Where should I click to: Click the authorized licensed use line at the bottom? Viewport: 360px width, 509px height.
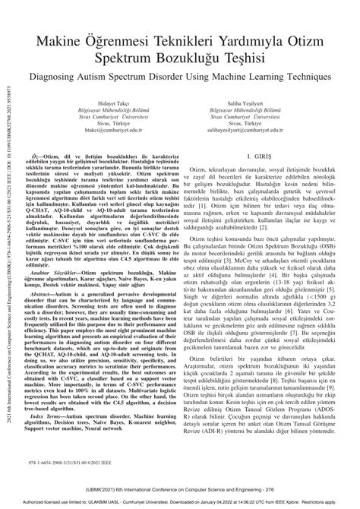(x=179, y=503)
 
